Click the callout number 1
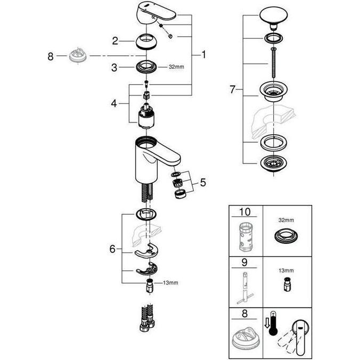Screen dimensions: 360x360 pyautogui.click(x=203, y=54)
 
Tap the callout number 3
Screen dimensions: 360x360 pyautogui.click(x=114, y=67)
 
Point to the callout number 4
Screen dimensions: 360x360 pyautogui.click(x=114, y=102)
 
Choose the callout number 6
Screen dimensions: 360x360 pyautogui.click(x=112, y=248)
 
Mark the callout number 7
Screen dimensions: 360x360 pyautogui.click(x=232, y=89)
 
